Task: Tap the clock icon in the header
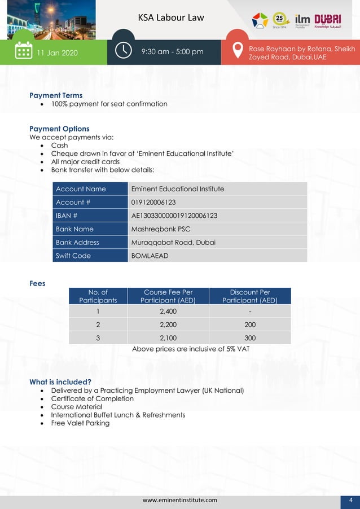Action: pos(124,50)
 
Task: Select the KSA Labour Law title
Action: pos(171,17)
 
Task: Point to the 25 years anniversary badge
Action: pos(281,20)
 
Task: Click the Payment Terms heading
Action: pos(56,95)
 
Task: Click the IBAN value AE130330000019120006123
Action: pos(174,216)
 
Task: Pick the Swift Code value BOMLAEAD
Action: pos(150,256)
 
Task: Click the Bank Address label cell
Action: pos(77,242)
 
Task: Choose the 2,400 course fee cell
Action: pos(168,311)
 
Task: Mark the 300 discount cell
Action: pos(250,338)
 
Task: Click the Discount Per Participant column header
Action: pos(250,296)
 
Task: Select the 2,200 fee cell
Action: pos(168,324)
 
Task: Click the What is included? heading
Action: pos(60,382)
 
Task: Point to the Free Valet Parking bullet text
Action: pos(80,423)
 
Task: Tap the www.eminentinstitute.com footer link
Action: pos(179,500)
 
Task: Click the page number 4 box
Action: pos(350,500)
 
